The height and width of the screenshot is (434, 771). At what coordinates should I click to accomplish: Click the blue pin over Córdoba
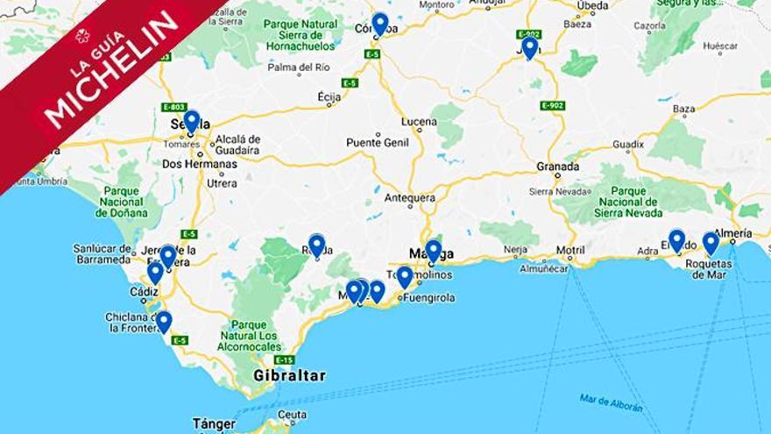pyautogui.click(x=379, y=23)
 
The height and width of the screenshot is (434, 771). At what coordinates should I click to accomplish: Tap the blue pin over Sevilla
pyautogui.click(x=191, y=120)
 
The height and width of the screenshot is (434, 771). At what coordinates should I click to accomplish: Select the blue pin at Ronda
pyautogui.click(x=316, y=245)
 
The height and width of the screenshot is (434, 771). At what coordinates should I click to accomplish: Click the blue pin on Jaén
pyautogui.click(x=529, y=46)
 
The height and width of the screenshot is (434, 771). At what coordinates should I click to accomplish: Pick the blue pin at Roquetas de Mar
pyautogui.click(x=711, y=242)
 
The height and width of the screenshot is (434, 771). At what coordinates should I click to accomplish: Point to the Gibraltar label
pyautogui.click(x=289, y=376)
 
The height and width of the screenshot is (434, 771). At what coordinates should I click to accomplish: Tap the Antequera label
pyautogui.click(x=410, y=198)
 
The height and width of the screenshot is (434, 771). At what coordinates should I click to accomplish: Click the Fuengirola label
pyautogui.click(x=428, y=297)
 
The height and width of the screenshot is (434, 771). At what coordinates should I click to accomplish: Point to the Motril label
pyautogui.click(x=570, y=250)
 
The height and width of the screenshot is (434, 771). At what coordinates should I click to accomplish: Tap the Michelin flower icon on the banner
pyautogui.click(x=82, y=36)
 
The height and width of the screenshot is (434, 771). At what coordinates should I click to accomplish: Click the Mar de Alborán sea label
pyautogui.click(x=611, y=402)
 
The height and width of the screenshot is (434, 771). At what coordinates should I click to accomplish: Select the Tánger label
pyautogui.click(x=214, y=424)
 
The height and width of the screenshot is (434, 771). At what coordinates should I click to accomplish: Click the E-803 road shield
pyautogui.click(x=174, y=107)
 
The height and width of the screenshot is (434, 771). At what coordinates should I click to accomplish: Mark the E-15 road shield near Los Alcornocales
pyautogui.click(x=284, y=359)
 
